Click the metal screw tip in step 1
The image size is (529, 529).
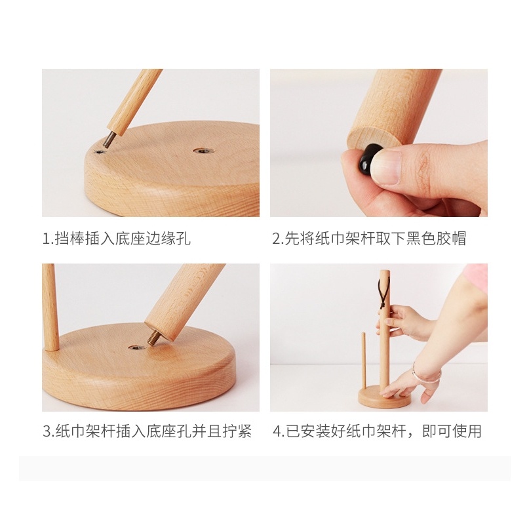(108, 140)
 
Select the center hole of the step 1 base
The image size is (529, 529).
(204, 150)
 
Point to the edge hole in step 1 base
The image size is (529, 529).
(99, 152)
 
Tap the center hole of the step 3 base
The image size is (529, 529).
(137, 347)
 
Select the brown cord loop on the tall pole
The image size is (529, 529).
(383, 294)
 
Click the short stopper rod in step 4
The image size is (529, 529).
(364, 361)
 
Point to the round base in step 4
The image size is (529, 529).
(384, 397)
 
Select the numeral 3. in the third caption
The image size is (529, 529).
(49, 431)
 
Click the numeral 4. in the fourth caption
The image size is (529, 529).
(279, 431)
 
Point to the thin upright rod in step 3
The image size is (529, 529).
(50, 307)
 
